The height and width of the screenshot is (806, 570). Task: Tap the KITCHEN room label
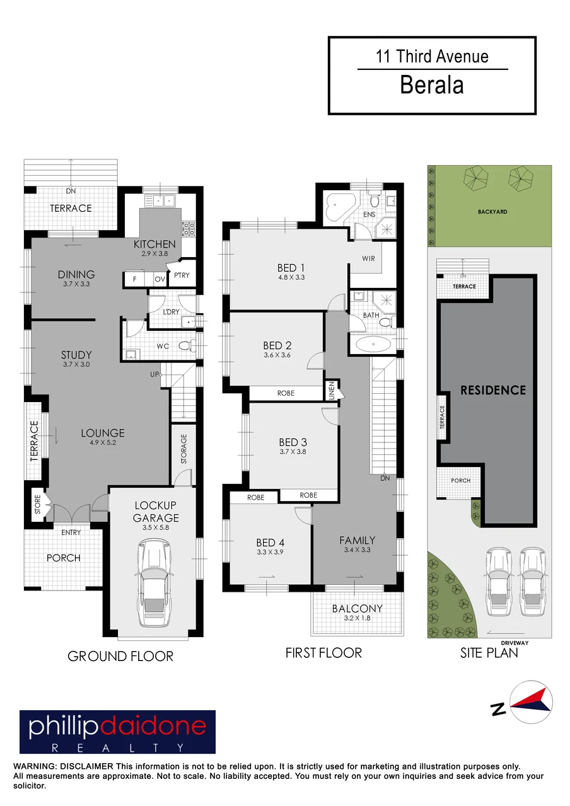(154, 245)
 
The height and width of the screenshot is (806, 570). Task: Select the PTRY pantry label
(182, 275)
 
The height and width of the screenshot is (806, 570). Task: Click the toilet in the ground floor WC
(186, 346)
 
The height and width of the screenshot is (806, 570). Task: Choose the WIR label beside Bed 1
(368, 258)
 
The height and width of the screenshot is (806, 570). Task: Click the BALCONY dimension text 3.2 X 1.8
(357, 618)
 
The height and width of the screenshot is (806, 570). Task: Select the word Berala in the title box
(432, 85)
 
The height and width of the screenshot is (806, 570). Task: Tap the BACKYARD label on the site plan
(492, 212)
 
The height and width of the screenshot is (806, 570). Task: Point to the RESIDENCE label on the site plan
(493, 390)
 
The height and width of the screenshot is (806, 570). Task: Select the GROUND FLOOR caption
(120, 656)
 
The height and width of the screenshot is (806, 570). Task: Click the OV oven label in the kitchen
(160, 279)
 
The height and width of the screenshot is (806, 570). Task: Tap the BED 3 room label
(293, 442)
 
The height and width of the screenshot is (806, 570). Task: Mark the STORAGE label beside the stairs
(183, 449)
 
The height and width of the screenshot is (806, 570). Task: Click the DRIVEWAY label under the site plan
(515, 643)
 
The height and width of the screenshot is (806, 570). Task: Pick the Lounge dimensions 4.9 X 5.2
(103, 442)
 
